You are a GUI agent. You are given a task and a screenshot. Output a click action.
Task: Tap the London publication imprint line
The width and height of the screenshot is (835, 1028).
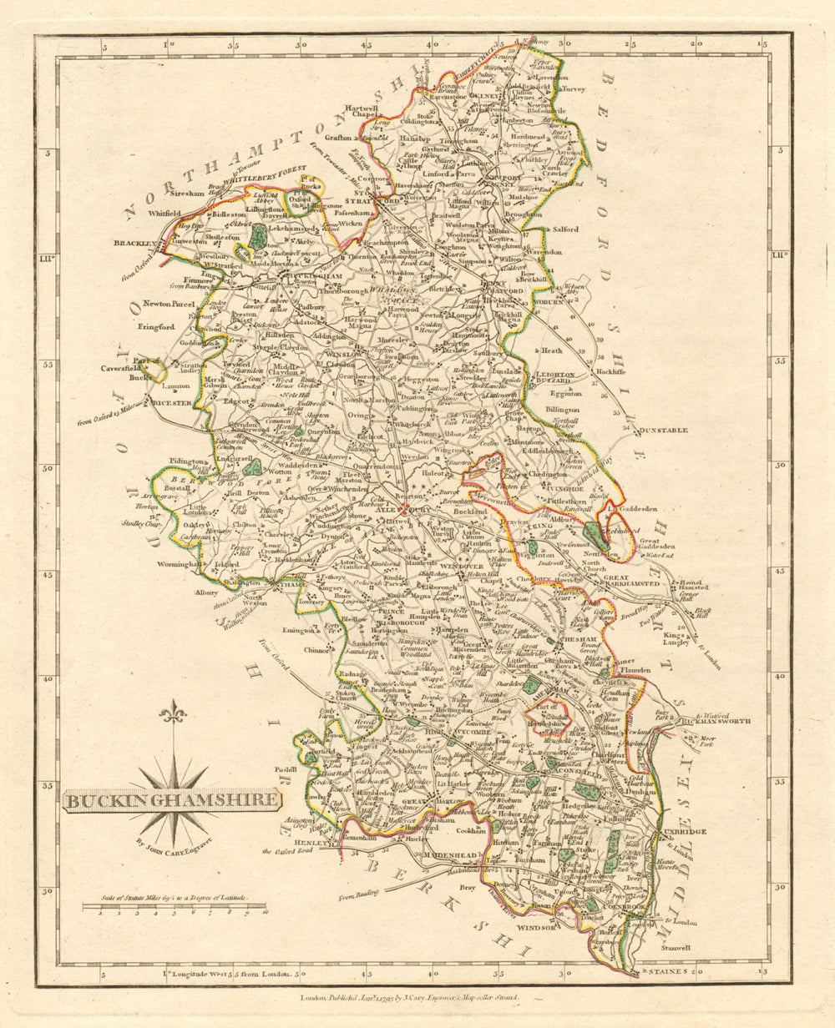pyautogui.click(x=409, y=997)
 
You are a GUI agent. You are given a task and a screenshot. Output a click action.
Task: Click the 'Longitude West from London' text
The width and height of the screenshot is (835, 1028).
pyautogui.click(x=225, y=973)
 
